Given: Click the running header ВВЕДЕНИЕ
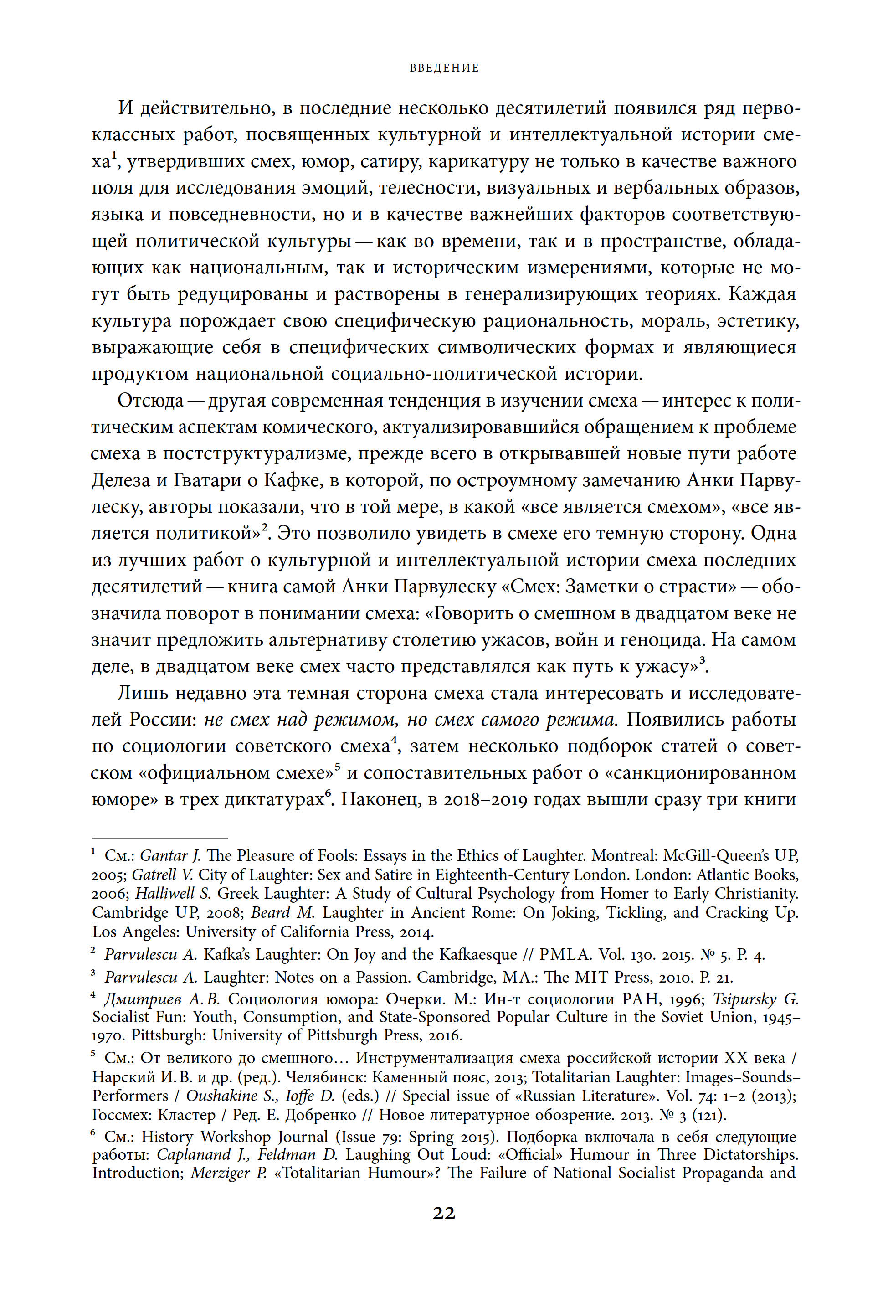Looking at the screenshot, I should (444, 68).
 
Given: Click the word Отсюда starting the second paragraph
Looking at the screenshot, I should (150, 400).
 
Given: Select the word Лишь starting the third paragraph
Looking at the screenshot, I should (142, 693).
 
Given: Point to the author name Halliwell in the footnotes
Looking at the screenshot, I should (167, 893).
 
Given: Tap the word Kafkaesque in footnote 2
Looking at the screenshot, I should (478, 954).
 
